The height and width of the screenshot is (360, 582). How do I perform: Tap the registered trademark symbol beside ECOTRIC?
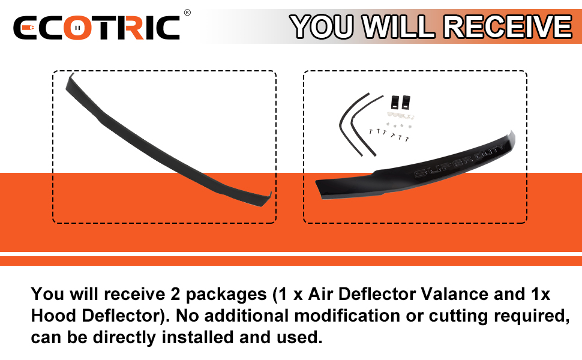click(x=187, y=12)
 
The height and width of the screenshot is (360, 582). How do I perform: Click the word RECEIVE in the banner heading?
click(x=509, y=26)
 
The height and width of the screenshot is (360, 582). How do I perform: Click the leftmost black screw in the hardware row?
click(x=371, y=131)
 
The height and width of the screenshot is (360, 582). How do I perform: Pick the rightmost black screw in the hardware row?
click(x=408, y=139)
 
